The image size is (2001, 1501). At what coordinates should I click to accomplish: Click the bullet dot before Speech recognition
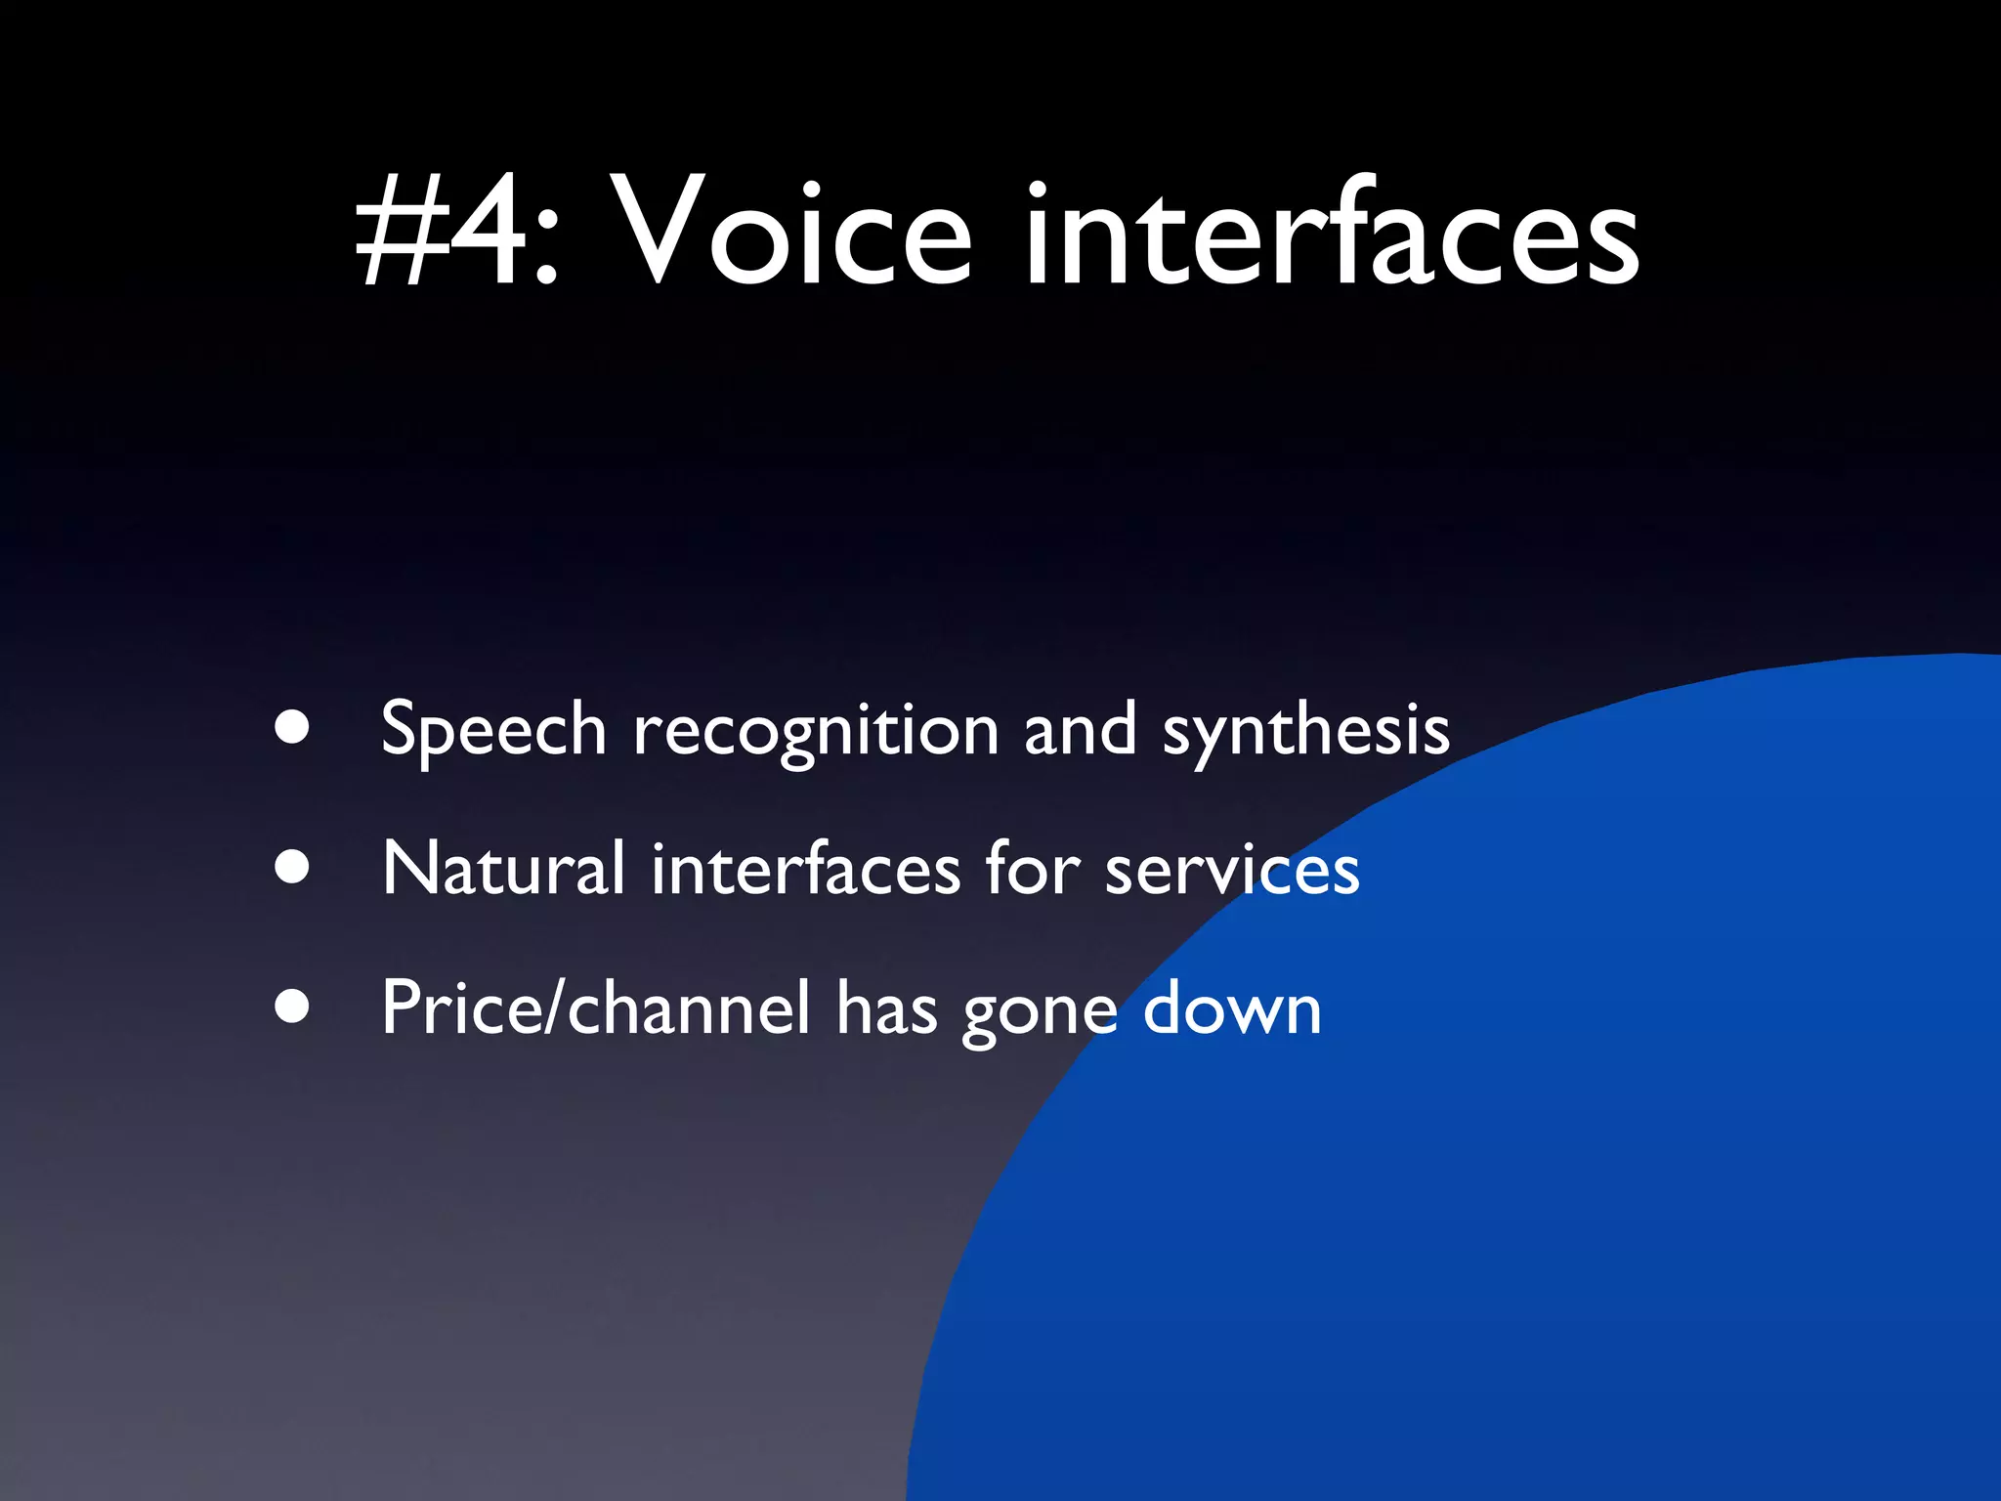coord(292,727)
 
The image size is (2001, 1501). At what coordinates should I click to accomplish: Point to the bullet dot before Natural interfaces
coord(292,866)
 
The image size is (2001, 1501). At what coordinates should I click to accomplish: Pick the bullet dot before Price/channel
coord(292,1006)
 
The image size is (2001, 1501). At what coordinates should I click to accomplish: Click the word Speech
coord(493,731)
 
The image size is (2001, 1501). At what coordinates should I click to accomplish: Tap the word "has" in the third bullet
coord(886,1008)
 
